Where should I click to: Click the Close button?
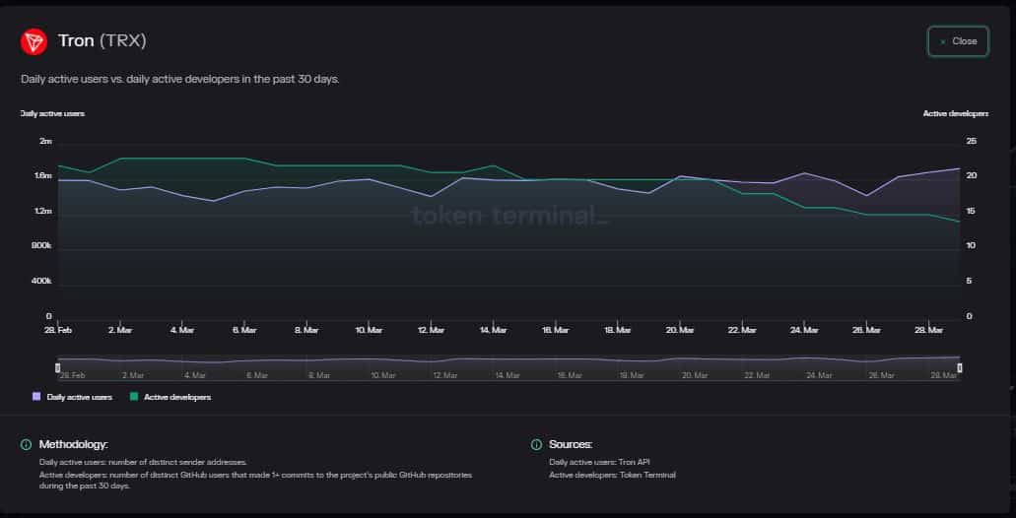[x=957, y=41]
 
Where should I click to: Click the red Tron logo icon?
[x=34, y=41]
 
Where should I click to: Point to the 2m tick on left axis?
[x=45, y=142]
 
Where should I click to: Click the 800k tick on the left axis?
[x=42, y=246]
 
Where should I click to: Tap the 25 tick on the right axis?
[x=971, y=142]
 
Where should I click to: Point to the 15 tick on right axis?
[x=971, y=212]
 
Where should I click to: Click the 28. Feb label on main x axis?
[x=58, y=330]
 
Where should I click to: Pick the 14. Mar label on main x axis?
[x=494, y=330]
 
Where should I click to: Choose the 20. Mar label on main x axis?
[x=680, y=330]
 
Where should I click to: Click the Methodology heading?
[x=73, y=445]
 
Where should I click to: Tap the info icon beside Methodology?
[x=26, y=445]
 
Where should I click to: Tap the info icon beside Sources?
[x=536, y=445]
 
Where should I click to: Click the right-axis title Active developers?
[x=955, y=113]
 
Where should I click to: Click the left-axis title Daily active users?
[x=52, y=113]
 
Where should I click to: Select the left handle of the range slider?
[x=57, y=367]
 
